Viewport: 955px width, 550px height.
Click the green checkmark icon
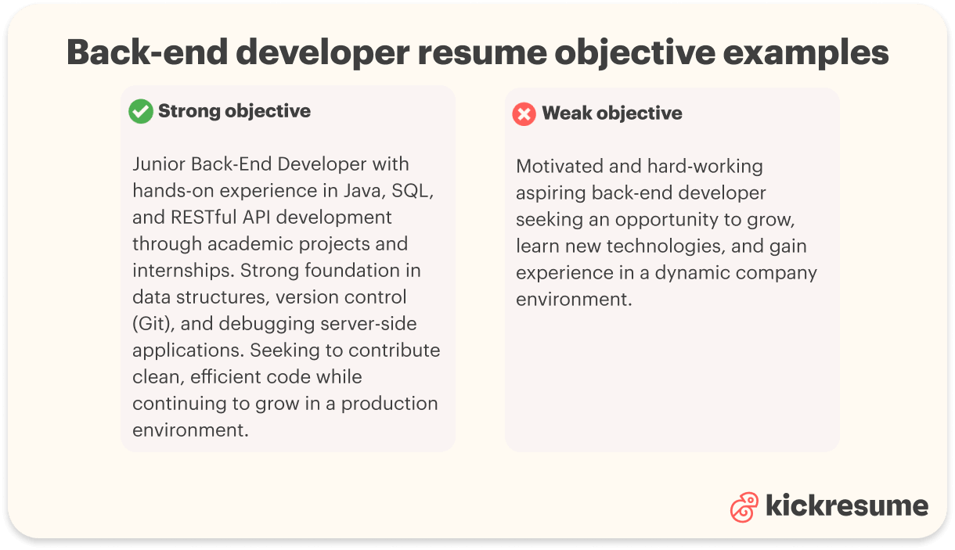coord(141,112)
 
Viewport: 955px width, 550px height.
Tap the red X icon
coord(524,114)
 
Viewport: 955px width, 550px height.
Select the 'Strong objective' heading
coord(234,111)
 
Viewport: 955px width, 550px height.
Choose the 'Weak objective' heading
coord(611,113)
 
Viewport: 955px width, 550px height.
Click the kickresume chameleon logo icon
coord(744,507)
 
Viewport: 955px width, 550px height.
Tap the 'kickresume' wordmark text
coord(846,505)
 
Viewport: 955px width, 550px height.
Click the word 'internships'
coord(183,271)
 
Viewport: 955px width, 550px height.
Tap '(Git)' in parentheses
coord(150,324)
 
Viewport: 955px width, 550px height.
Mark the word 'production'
coord(389,404)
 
